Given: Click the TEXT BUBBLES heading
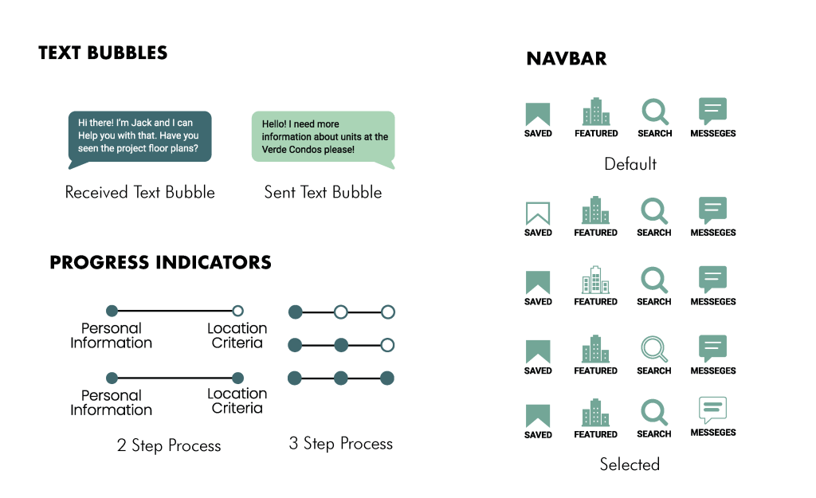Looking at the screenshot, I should (x=103, y=54).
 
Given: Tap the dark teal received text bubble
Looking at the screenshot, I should (x=139, y=136).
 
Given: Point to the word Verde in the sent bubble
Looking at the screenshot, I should (x=276, y=150).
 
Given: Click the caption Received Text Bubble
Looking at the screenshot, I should (x=139, y=192).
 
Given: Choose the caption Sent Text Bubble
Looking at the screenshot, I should (x=323, y=192).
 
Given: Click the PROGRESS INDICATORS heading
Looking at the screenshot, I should (x=160, y=263).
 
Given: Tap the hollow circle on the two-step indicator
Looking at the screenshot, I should (x=237, y=311).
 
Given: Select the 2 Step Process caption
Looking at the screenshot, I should (x=169, y=445).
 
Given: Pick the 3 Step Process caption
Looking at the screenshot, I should (x=340, y=444).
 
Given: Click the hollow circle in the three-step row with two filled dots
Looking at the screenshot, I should (x=387, y=345).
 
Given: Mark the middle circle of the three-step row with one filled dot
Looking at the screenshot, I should (x=341, y=312).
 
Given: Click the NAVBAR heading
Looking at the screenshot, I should (x=566, y=59).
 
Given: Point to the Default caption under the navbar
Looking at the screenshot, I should (x=630, y=164).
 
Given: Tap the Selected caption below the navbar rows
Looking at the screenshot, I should (x=630, y=464).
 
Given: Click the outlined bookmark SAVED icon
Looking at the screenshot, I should (x=538, y=213).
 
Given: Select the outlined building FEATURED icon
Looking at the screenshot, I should (x=595, y=280).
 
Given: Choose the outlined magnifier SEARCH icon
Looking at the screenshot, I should (x=654, y=349).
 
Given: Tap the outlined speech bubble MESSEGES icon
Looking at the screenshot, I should (x=712, y=410).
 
